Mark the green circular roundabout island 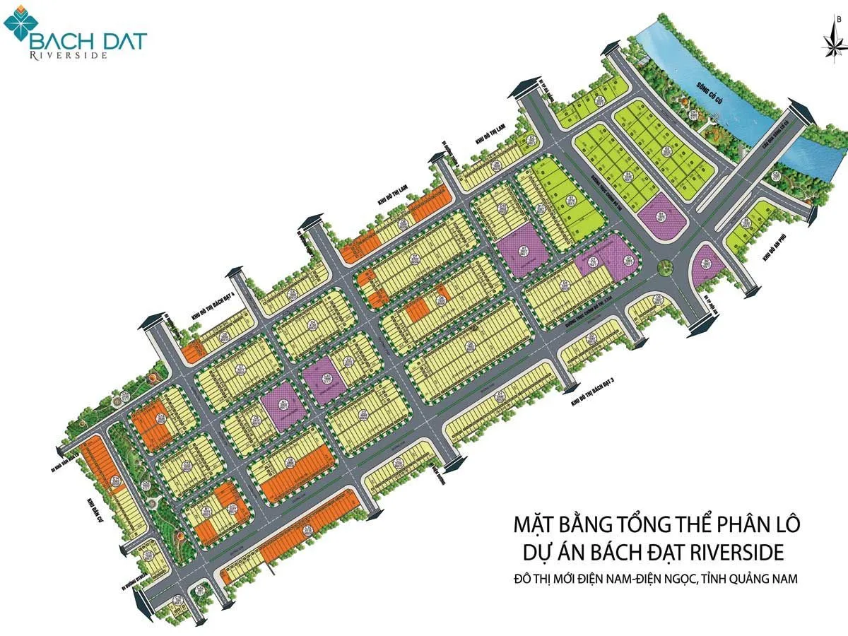[x=663, y=267]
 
